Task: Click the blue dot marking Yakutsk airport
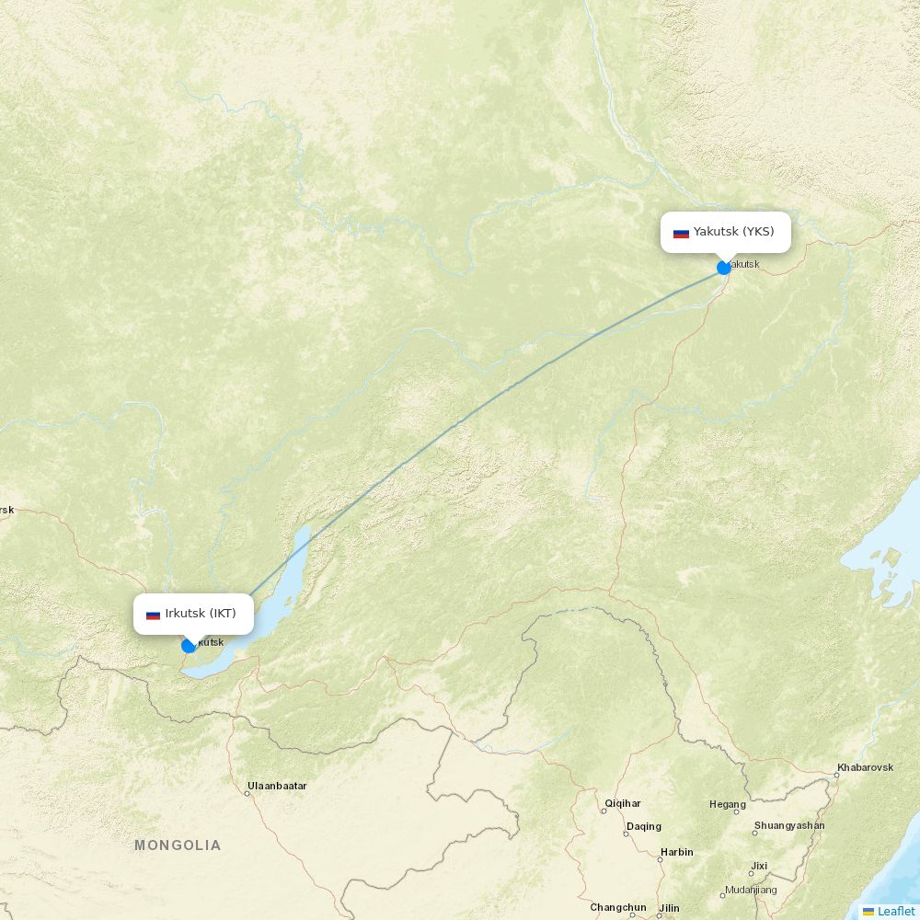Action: (x=724, y=268)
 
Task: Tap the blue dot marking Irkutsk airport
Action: (x=189, y=646)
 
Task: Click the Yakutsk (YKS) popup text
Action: (x=733, y=232)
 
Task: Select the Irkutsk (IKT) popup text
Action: (x=201, y=614)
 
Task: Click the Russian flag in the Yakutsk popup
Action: (x=681, y=233)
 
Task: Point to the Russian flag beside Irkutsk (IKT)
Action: (x=153, y=615)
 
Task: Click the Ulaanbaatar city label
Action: (x=277, y=786)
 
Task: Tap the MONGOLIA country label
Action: (x=178, y=845)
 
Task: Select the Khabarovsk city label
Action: (x=865, y=767)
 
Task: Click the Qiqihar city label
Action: (x=623, y=803)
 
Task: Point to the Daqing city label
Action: (x=644, y=826)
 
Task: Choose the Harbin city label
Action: (x=676, y=852)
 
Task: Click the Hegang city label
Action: (x=727, y=804)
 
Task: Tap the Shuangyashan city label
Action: (x=789, y=825)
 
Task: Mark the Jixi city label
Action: (x=759, y=866)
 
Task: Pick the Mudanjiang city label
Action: (x=751, y=890)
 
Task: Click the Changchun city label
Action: (x=618, y=907)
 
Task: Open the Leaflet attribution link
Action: (x=895, y=911)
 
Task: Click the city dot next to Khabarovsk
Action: (x=836, y=776)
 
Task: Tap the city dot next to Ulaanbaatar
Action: (x=247, y=793)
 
